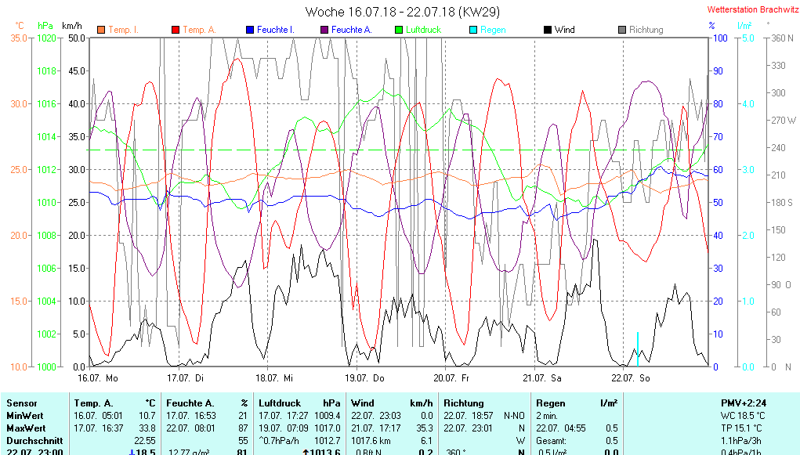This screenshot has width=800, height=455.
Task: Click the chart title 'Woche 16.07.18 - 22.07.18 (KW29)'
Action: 402,12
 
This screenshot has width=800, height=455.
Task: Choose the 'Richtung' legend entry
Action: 646,30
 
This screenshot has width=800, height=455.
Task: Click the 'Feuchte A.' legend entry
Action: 351,30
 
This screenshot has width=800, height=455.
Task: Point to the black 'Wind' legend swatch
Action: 548,30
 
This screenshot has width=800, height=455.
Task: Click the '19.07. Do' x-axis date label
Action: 370,377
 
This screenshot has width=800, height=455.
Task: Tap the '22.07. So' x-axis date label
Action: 636,377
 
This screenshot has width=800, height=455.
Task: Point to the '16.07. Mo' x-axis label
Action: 97,377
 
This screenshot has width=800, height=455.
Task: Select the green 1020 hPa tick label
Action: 48,38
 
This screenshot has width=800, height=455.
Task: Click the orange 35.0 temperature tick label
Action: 19,38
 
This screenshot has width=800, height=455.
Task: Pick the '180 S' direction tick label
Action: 783,203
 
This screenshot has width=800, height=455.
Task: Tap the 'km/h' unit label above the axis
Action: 72,26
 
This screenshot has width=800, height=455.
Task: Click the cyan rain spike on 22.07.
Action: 638,348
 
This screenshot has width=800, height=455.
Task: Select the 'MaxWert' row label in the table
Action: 26,428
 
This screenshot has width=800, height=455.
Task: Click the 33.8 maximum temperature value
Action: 147,428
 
